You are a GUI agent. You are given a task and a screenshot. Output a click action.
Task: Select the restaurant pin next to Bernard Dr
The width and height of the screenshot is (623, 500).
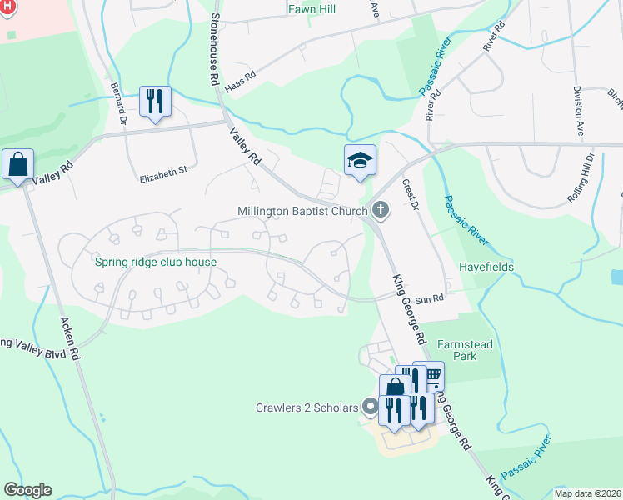pyautogui.click(x=155, y=102)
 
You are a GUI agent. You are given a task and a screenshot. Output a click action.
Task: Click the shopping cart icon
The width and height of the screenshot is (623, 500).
pyautogui.click(x=430, y=376)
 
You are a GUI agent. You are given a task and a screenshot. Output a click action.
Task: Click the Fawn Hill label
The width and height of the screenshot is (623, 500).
pyautogui.click(x=311, y=9)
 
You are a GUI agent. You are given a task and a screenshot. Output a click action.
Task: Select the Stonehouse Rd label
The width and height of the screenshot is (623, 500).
pyautogui.click(x=214, y=50)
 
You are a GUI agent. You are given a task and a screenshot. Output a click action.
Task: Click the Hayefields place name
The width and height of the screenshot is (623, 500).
pyautogui.click(x=486, y=267)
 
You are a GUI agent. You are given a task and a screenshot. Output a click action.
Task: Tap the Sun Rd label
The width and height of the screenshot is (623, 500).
pyautogui.click(x=429, y=298)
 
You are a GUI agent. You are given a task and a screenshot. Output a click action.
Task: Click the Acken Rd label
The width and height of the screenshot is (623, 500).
pyautogui.click(x=67, y=337)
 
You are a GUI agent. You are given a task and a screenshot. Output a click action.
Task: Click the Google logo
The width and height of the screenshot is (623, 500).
pyautogui.click(x=27, y=490)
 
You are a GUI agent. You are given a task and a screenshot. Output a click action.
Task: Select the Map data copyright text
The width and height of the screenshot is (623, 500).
pyautogui.click(x=586, y=492)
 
